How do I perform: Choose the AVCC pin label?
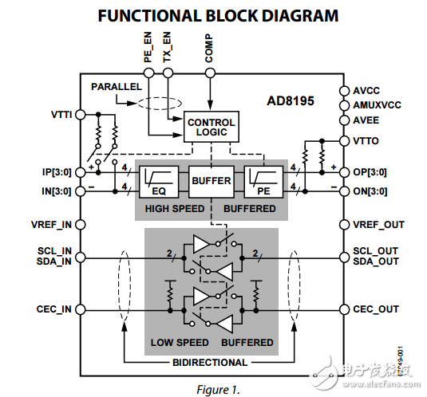coord(366,91)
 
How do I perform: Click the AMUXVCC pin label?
coord(378,105)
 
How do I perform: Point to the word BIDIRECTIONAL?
coord(210,363)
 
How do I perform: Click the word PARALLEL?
coord(117,86)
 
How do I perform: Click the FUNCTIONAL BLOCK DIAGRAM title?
coord(213,16)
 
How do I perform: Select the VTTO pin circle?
coord(344,141)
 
